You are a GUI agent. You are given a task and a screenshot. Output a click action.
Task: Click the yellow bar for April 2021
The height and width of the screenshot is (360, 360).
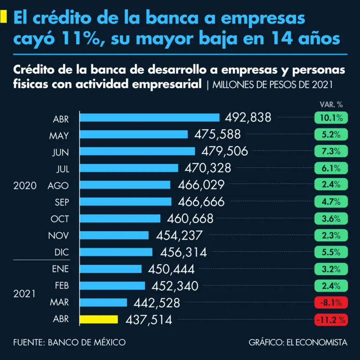pyautogui.click(x=99, y=319)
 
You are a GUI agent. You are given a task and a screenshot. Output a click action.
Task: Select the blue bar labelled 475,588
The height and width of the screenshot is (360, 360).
pyautogui.click(x=134, y=135)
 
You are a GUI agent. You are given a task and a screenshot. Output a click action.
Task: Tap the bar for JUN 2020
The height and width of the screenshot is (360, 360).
pyautogui.click(x=137, y=151)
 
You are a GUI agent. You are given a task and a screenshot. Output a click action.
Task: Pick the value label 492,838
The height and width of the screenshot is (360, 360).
pyautogui.click(x=248, y=118)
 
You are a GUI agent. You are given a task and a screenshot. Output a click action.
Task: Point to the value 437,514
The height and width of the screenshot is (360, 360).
pyautogui.click(x=149, y=320)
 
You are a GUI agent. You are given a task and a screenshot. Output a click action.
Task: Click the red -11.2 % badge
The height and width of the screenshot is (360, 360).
pyautogui.click(x=331, y=320)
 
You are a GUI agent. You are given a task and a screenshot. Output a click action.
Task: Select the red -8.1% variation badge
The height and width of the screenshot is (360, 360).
pyautogui.click(x=331, y=302)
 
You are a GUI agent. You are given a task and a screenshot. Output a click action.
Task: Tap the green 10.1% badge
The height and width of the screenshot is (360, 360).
pyautogui.click(x=331, y=118)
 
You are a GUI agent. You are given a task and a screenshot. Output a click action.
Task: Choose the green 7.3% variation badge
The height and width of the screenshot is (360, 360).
pyautogui.click(x=331, y=151)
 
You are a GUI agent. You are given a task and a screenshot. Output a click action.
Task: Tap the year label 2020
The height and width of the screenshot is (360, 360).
pyautogui.click(x=25, y=186)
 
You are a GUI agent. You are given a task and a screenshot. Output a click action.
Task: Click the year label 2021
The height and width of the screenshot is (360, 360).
pyautogui.click(x=25, y=294)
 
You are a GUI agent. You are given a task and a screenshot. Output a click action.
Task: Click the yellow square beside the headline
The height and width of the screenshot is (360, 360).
pyautogui.click(x=4, y=17)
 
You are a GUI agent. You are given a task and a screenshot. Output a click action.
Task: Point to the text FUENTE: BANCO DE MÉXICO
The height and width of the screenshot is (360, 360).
pyautogui.click(x=69, y=342)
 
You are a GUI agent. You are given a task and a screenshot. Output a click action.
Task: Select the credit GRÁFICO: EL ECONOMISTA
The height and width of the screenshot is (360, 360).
pyautogui.click(x=298, y=342)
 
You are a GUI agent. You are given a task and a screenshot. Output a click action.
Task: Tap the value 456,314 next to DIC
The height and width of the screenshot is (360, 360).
pyautogui.click(x=183, y=252)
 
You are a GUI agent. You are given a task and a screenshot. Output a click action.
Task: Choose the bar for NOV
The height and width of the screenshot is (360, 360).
pyautogui.click(x=114, y=235)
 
